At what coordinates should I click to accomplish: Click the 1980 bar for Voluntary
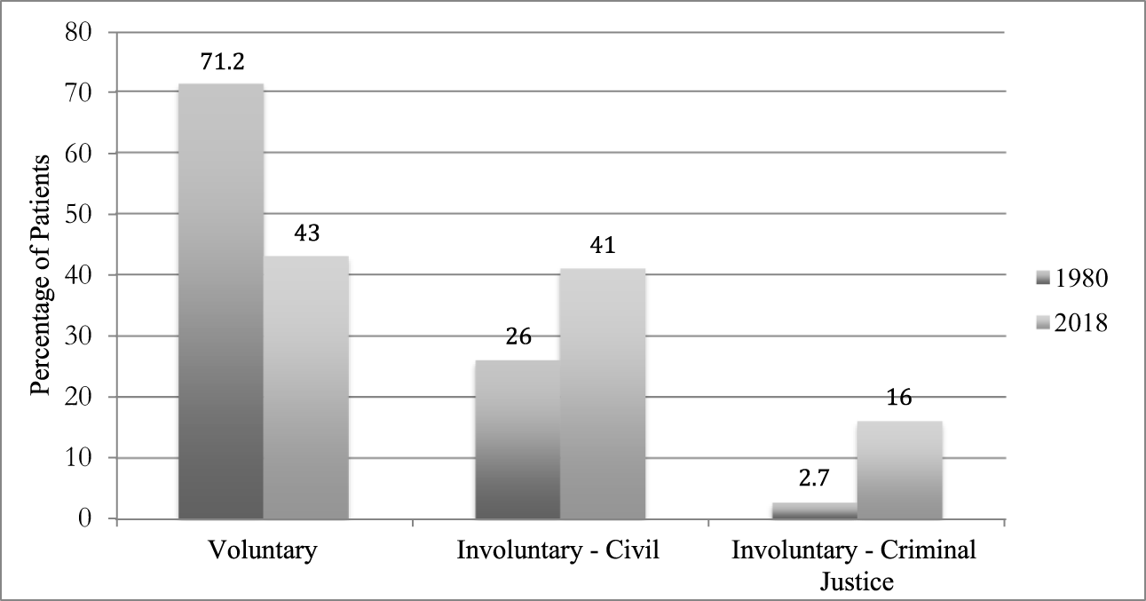(x=220, y=301)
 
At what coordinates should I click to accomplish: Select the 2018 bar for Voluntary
(x=306, y=387)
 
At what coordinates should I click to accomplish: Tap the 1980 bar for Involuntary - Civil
(x=518, y=439)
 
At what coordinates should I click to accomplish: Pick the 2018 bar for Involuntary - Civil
(x=603, y=393)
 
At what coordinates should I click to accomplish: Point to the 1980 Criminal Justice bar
(x=814, y=510)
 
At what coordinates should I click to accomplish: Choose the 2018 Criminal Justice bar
(x=899, y=470)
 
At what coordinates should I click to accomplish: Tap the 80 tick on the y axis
(x=85, y=31)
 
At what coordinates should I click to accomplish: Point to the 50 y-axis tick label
(x=85, y=214)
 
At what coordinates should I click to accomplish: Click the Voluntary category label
(x=263, y=550)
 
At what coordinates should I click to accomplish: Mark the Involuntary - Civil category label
(x=559, y=550)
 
